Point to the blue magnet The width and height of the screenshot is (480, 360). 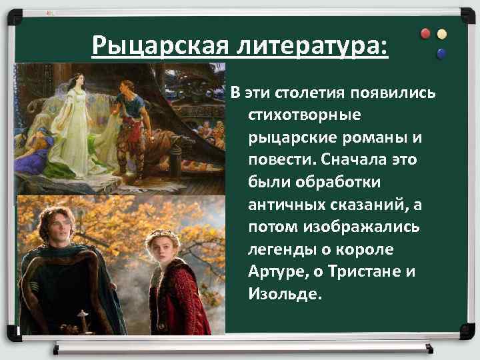(440, 53)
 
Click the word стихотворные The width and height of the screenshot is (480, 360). (305, 115)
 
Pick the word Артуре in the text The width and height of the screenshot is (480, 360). (278, 271)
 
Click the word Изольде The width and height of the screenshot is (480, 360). (285, 294)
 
